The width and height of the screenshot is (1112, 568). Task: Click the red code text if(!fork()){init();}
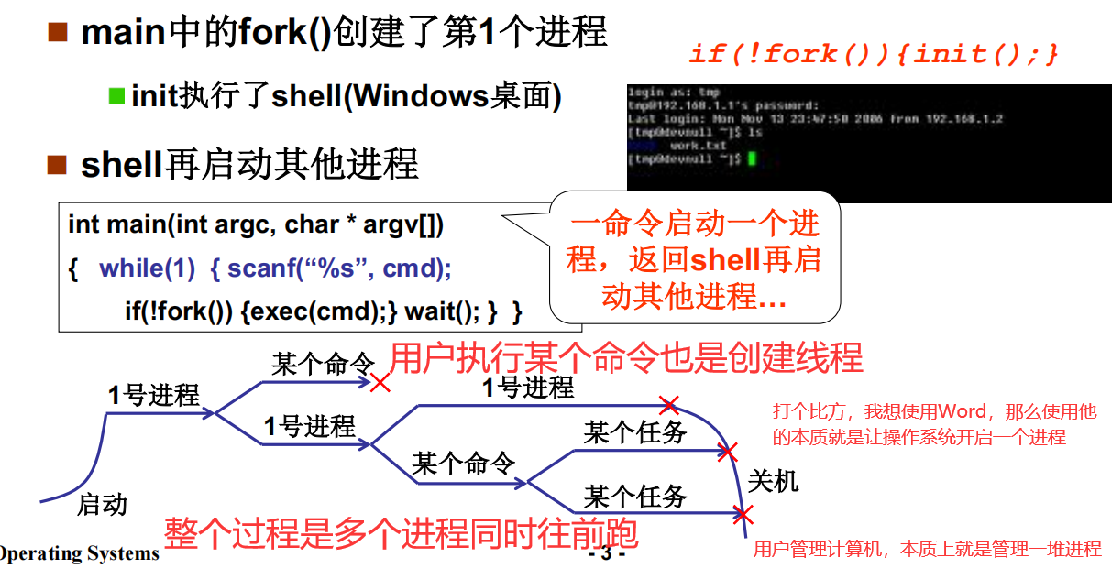point(873,54)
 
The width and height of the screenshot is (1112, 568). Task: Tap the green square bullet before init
point(116,94)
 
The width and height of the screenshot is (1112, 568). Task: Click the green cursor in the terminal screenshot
point(751,159)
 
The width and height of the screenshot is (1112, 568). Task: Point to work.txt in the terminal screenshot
point(698,146)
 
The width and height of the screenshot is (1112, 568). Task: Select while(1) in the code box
point(147,268)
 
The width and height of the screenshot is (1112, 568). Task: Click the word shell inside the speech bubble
point(725,260)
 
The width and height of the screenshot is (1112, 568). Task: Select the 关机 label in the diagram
point(773,480)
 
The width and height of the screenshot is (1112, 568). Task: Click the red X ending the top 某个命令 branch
point(380,383)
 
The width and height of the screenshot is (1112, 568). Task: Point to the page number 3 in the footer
point(606,554)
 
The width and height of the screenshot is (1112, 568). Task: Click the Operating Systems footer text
point(80,553)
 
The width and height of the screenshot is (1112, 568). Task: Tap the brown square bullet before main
point(58,33)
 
